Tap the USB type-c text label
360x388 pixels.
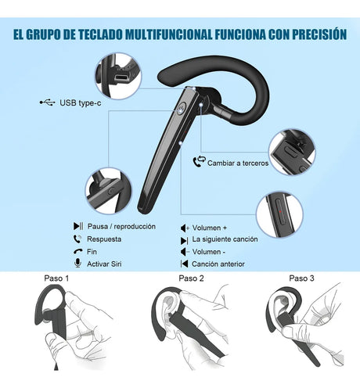pos(81,102)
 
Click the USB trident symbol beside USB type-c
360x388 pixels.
pos(47,102)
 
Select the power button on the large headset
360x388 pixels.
pos(182,108)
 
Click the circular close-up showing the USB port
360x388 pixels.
pos(118,76)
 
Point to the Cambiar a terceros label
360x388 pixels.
pos(238,163)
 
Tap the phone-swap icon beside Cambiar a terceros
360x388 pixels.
pos(200,161)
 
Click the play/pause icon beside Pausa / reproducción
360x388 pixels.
pos(78,226)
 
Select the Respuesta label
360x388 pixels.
pos(104,239)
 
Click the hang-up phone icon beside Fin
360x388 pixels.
pos(77,251)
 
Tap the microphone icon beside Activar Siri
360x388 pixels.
pos(77,263)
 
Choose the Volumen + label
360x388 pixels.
pos(210,228)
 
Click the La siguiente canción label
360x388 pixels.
pos(225,239)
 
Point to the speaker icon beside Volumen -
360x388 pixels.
pos(185,252)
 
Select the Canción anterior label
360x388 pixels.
pos(218,264)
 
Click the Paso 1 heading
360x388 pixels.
pos(56,278)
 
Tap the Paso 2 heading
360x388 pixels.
pos(191,278)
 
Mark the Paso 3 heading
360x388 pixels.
pos(301,278)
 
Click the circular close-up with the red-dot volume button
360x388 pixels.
pos(279,215)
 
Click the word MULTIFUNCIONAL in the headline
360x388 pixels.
pos(169,34)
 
